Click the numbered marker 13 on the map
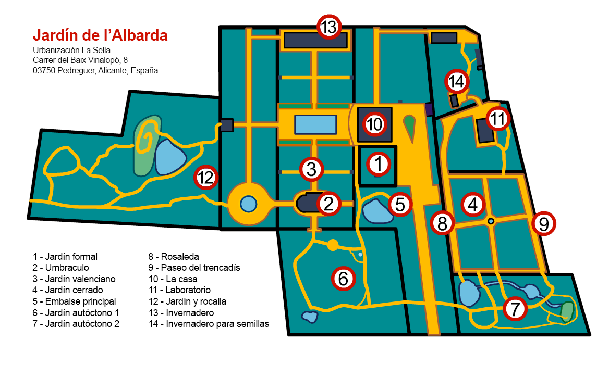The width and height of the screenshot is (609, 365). point(329,27)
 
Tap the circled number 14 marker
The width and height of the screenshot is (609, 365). point(457,81)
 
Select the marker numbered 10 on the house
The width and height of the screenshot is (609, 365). point(374,124)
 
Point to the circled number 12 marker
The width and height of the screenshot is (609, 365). point(206,178)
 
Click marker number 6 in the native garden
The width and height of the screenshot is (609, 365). point(343,278)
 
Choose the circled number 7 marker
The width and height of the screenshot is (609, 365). point(515,309)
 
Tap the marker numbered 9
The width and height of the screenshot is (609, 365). point(543,223)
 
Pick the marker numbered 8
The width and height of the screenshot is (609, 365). point(442,223)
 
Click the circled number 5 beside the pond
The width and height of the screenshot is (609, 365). point(399,204)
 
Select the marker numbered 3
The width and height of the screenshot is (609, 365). point(311,169)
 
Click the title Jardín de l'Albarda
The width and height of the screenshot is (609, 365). point(100,35)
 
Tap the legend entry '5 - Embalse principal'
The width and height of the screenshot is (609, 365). point(74,301)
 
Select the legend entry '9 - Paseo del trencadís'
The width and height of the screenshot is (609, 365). point(194,268)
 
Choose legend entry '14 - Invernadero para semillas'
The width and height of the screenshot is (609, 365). point(209,324)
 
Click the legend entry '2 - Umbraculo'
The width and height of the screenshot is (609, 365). point(60,268)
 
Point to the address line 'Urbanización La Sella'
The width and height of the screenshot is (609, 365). point(71,50)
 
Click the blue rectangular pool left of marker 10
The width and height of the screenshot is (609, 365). point(315,124)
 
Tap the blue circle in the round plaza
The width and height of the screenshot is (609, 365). point(249,204)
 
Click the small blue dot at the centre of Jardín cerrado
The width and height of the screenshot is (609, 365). point(491,221)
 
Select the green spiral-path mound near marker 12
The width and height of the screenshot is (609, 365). point(147,145)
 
